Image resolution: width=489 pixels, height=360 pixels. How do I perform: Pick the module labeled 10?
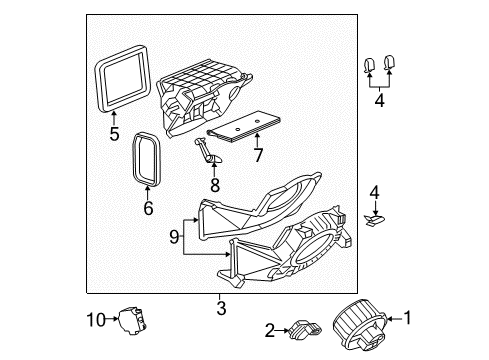(135, 319)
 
